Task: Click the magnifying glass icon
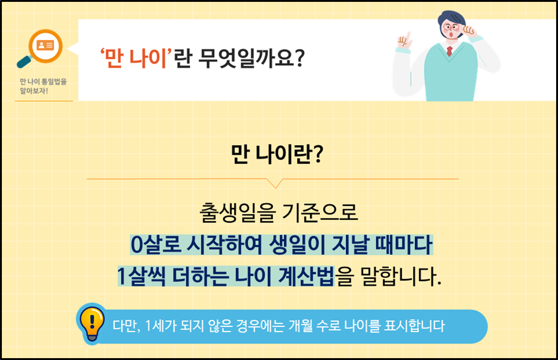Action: [x=41, y=48]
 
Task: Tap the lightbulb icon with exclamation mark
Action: [x=91, y=323]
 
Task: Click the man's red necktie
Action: [x=449, y=51]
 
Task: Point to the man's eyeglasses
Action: [x=452, y=27]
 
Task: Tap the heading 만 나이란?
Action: [x=277, y=154]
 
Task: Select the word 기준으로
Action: [x=320, y=213]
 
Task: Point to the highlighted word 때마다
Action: [x=403, y=245]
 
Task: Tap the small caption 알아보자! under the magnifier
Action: [x=34, y=91]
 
